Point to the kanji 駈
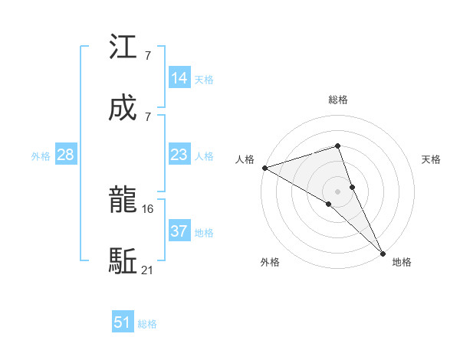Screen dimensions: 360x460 [123, 261]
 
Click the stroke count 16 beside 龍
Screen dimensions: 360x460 [149, 208]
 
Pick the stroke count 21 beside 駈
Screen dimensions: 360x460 [149, 269]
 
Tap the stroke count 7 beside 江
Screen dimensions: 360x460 [147, 56]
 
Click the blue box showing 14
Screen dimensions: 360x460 [179, 78]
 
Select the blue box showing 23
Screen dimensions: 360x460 [179, 155]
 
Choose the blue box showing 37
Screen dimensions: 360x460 [179, 231]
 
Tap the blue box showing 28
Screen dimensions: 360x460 [66, 155]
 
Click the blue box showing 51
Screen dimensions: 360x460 [123, 322]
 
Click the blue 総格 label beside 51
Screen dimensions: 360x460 [147, 324]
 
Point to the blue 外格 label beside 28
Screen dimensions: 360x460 [41, 156]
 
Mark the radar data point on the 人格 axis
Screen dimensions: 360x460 [264, 168]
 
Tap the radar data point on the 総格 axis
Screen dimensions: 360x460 [338, 146]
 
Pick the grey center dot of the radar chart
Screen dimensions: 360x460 [338, 190]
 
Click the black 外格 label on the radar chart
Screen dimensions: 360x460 [270, 262]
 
